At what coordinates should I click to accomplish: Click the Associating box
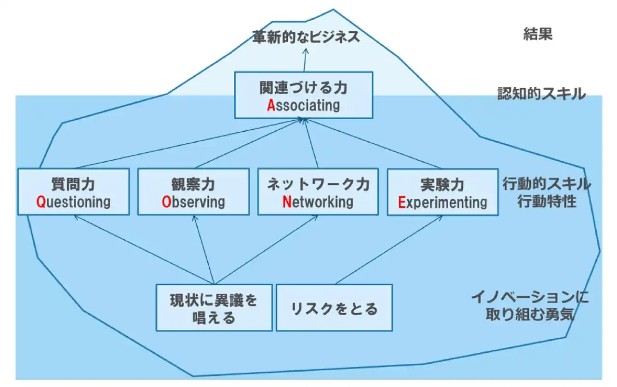[304, 95]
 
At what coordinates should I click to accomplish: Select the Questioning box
[73, 192]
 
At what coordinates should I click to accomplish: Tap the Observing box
[193, 192]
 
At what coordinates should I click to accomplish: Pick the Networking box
[318, 192]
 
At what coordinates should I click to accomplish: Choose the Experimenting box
[443, 192]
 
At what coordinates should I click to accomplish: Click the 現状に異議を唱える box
[214, 308]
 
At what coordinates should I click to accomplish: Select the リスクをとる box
[334, 308]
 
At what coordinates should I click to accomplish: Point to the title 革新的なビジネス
[306, 37]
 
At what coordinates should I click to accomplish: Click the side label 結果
[537, 34]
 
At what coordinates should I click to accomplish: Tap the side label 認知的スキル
[542, 94]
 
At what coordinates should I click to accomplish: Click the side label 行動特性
[547, 201]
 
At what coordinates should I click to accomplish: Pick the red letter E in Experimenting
[402, 202]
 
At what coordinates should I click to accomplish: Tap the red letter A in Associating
[271, 105]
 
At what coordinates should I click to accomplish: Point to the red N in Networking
[287, 202]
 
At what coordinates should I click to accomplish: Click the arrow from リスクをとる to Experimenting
[388, 249]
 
